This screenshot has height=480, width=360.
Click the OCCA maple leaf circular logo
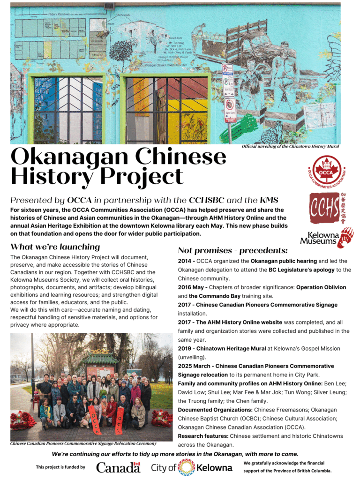click(x=328, y=170)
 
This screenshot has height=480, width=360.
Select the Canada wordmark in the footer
click(x=118, y=467)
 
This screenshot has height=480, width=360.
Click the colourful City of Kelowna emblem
click(x=186, y=467)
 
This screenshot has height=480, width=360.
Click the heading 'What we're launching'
click(x=55, y=247)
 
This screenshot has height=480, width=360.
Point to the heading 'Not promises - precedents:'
click(x=232, y=251)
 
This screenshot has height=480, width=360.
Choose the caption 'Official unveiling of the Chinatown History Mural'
click(x=290, y=147)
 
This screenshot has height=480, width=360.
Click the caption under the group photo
click(x=83, y=443)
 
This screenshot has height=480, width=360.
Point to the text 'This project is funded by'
click(x=60, y=467)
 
